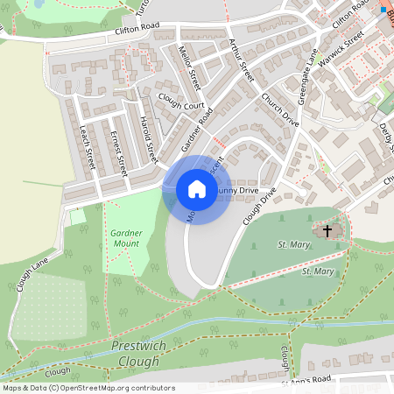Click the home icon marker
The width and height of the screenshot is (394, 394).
[x=197, y=189]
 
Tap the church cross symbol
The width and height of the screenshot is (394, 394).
[x=327, y=231]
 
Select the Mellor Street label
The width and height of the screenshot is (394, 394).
[x=189, y=68]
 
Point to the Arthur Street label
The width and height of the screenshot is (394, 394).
[x=239, y=60]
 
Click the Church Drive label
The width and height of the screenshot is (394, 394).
[x=280, y=110]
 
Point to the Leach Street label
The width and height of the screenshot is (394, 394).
[x=86, y=145]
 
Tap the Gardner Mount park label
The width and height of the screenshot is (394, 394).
[x=126, y=237]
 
